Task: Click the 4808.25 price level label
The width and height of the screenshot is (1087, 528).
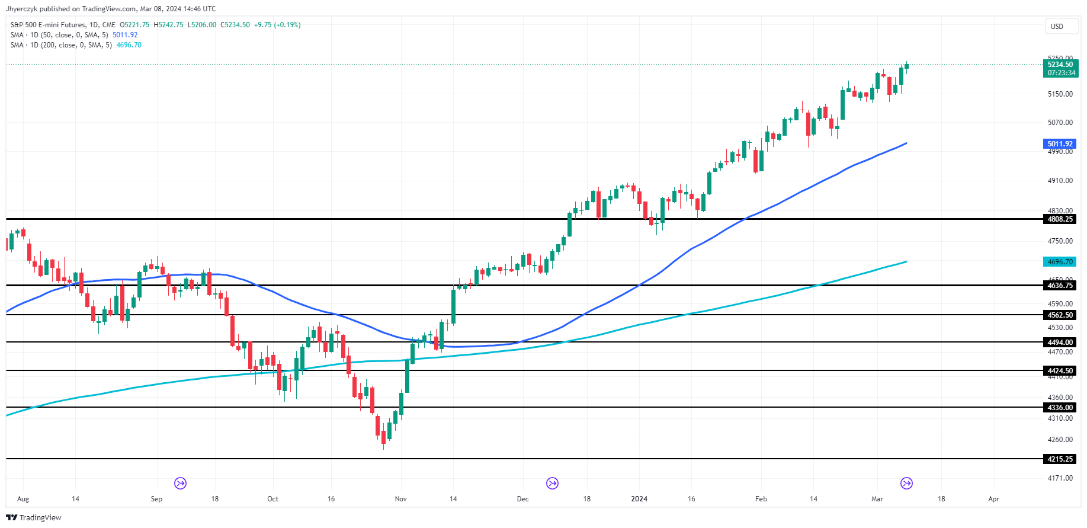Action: tap(1060, 219)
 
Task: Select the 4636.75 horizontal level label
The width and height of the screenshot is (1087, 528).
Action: tap(1060, 286)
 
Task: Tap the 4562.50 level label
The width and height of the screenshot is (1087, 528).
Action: tap(1060, 315)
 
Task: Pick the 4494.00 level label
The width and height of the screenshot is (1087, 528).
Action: tap(1060, 343)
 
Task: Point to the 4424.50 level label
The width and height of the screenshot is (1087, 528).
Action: tap(1060, 371)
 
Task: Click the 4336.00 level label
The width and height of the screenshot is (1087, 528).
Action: tap(1060, 408)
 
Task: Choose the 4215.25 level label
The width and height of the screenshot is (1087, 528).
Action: tap(1060, 459)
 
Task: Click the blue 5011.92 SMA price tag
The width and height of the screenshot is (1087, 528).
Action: tap(1060, 144)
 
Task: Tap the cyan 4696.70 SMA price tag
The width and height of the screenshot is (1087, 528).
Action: tap(1060, 262)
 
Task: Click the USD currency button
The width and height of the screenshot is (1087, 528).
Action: tap(1057, 27)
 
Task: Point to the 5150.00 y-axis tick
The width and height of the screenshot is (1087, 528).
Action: tap(1060, 94)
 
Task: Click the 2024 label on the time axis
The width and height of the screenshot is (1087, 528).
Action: tap(639, 499)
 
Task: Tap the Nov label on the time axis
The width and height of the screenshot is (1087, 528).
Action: tap(401, 499)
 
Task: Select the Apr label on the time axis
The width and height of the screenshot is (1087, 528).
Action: tap(993, 499)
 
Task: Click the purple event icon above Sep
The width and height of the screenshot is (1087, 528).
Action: tap(181, 484)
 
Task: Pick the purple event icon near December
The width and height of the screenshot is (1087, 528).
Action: tap(552, 484)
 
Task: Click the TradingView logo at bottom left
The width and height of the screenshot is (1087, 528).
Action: tap(34, 517)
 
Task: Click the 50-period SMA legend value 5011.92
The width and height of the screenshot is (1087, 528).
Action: tap(125, 35)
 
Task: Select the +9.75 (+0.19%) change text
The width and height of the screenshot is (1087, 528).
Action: tap(277, 25)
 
